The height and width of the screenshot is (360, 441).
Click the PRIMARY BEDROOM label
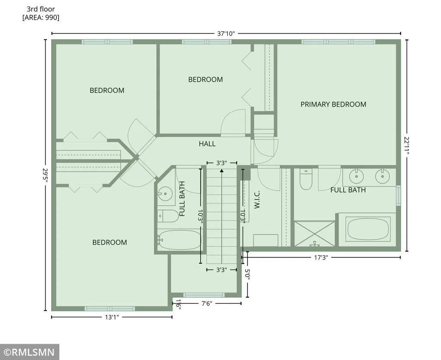[333, 105]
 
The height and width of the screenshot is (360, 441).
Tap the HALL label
[207, 144]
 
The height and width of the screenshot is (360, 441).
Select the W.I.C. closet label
[257, 200]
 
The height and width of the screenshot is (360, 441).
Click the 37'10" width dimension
[226, 34]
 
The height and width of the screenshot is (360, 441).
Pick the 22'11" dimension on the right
[407, 145]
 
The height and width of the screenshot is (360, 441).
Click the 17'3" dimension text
[321, 257]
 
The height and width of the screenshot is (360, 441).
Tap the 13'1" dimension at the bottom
[112, 317]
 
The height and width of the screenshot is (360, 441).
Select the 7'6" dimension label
[207, 304]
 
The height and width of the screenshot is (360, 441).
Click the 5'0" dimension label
[247, 274]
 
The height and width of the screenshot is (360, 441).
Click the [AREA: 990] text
[41, 18]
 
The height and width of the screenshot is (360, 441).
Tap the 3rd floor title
[41, 9]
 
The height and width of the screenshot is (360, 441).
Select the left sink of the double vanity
[356, 176]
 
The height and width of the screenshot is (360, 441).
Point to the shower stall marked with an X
[315, 234]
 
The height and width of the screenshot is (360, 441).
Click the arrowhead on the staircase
[222, 170]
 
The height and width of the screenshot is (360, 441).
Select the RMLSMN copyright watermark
[30, 352]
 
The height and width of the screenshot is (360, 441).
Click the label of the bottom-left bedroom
[110, 243]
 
